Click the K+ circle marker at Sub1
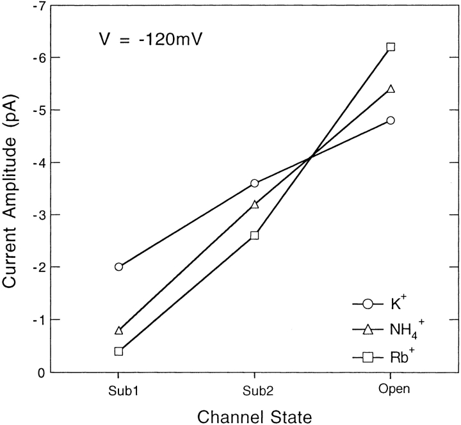[118, 266]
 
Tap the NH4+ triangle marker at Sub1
[118, 330]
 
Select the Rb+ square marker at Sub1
[118, 351]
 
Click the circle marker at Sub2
[254, 183]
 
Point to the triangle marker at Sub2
[254, 204]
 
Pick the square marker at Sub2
[254, 236]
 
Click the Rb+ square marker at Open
[391, 47]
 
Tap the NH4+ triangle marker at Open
[391, 88]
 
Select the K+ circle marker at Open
[391, 120]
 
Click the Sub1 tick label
[118, 389]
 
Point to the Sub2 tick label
[254, 389]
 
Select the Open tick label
[391, 389]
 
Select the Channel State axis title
[254, 416]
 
